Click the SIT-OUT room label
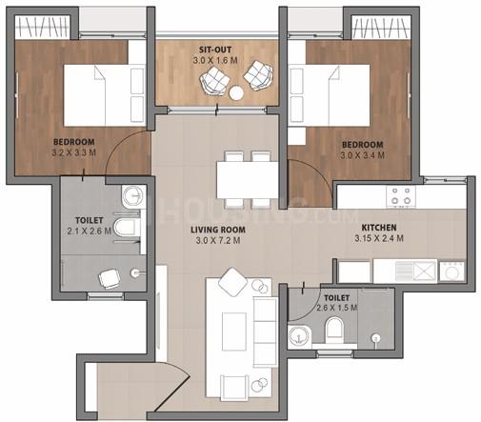coord(215,50)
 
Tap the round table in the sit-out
coord(236,93)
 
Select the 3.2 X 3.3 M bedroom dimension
coord(73,152)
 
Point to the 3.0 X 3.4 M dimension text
coord(362,155)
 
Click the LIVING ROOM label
coord(218,230)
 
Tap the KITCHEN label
coord(379,228)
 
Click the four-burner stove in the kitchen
coord(401,196)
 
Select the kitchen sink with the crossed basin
coord(425,271)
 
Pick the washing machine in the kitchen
coord(451,271)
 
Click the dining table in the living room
coord(248,180)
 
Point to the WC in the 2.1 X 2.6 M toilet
coord(127,227)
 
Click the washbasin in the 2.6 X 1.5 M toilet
coord(298,336)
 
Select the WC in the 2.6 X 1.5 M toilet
coord(334,329)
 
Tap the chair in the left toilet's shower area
coord(110,278)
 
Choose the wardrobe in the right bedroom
coord(380,28)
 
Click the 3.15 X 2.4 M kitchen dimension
coord(379,238)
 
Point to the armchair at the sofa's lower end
coord(235,387)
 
